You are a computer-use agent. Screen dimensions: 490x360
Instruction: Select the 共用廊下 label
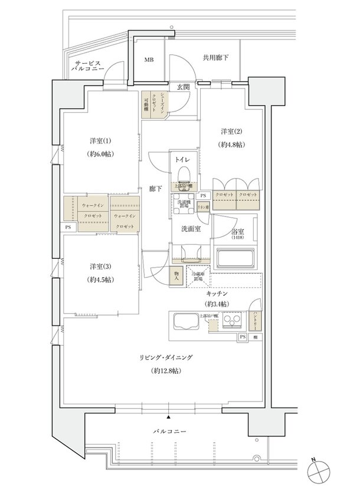pyautogui.click(x=215, y=58)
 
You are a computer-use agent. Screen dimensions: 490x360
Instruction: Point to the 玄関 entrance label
pyautogui.click(x=182, y=86)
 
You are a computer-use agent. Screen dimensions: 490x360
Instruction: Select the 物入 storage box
pyautogui.click(x=176, y=276)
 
